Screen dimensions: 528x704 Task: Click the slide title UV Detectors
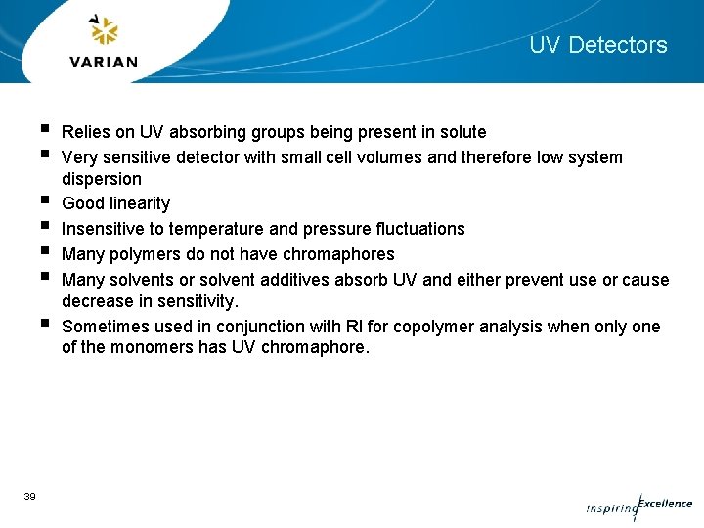click(597, 45)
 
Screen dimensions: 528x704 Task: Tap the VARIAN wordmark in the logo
click(104, 62)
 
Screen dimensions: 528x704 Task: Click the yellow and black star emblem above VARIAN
click(104, 30)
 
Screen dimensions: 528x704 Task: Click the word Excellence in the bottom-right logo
click(665, 505)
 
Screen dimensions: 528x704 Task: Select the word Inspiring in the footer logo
click(610, 509)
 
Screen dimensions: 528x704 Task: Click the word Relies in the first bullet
click(84, 132)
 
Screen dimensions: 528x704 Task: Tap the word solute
click(462, 132)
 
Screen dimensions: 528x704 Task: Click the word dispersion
click(101, 179)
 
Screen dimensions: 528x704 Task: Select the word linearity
click(138, 203)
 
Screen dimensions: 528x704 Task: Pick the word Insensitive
click(103, 229)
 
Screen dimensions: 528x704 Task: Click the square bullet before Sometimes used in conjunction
click(46, 324)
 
